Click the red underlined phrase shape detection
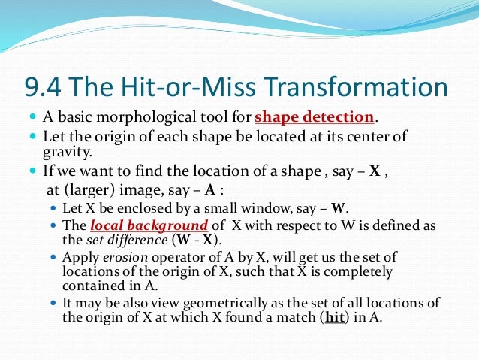(314, 118)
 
